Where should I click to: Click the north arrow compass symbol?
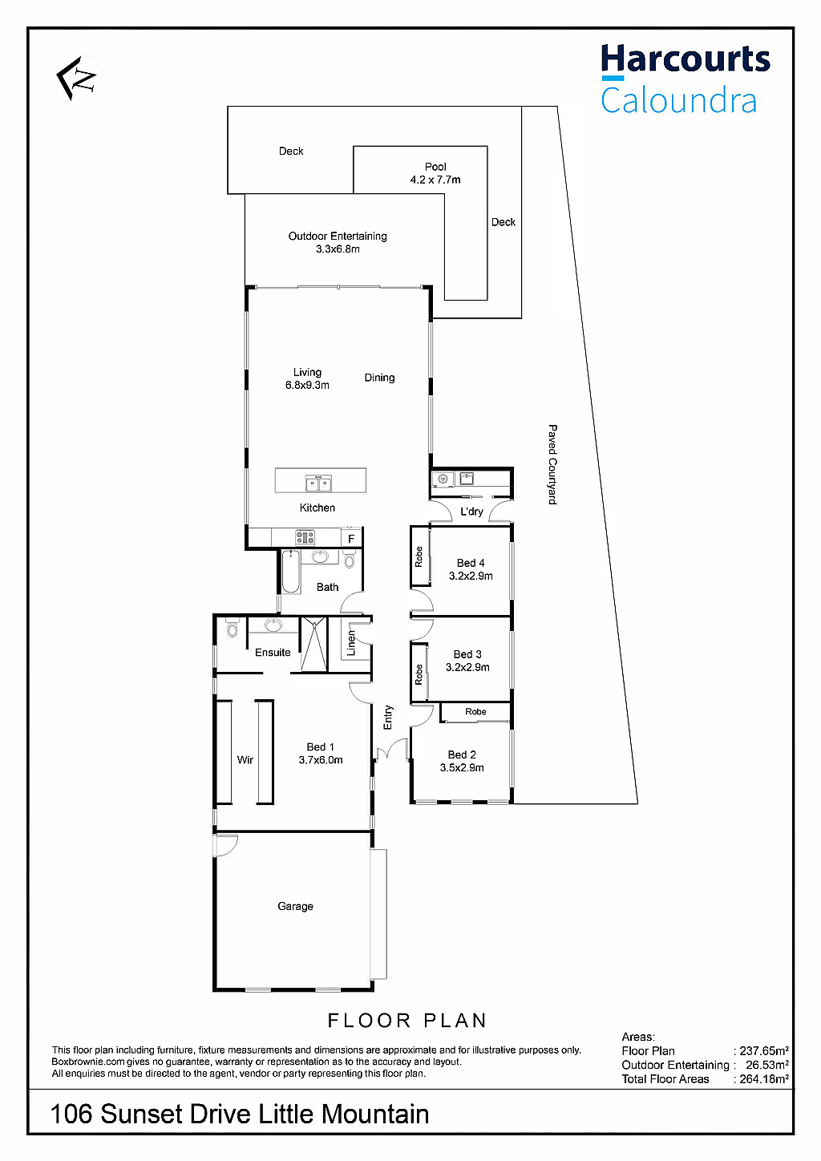pos(76,79)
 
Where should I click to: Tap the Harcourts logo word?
pos(686,59)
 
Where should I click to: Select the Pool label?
pos(435,167)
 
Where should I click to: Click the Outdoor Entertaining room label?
pos(338,237)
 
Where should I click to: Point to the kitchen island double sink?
pos(319,483)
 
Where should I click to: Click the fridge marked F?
pos(351,539)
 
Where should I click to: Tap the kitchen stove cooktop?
pos(305,537)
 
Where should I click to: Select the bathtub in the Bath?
pos(291,572)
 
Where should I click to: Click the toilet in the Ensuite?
pos(232,628)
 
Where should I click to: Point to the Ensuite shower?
pos(313,645)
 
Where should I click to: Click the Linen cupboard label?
pos(351,643)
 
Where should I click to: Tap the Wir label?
pos(245,760)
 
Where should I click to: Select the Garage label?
pos(295,907)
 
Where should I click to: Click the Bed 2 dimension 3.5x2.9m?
pos(462,767)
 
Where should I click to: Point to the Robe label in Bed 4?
pos(419,556)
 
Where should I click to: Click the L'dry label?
pos(471,512)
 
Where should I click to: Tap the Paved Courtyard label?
pos(552,464)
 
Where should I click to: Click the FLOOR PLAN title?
pos(406,1021)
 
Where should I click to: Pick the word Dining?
pos(379,378)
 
